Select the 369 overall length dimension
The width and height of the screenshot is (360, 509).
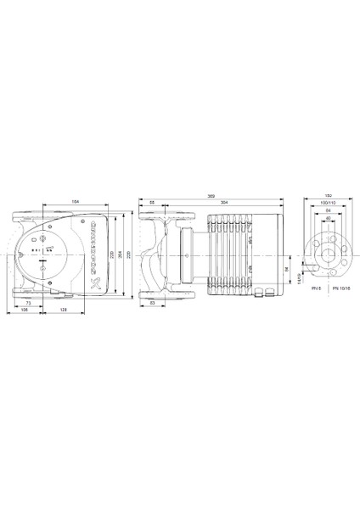(x=211, y=197)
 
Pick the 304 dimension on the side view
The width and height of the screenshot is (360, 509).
(x=223, y=204)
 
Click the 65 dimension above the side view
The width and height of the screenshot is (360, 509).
(x=152, y=204)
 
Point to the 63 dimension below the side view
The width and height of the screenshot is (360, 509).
(x=151, y=302)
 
